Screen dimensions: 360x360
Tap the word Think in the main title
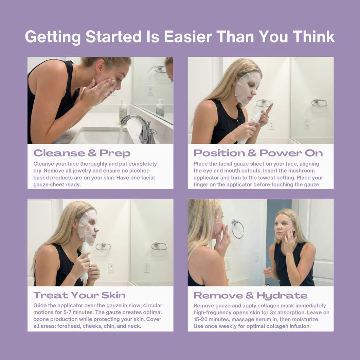click(x=313, y=37)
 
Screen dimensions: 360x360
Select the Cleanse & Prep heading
click(x=82, y=153)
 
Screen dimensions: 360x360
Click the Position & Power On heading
click(x=258, y=153)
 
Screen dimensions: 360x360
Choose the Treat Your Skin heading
click(x=79, y=295)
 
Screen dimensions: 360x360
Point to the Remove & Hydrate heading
click(x=250, y=295)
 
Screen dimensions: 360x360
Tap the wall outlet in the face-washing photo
click(x=150, y=90)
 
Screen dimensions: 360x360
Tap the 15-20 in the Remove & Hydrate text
click(x=200, y=320)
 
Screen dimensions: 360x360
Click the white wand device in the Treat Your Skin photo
click(x=84, y=258)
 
